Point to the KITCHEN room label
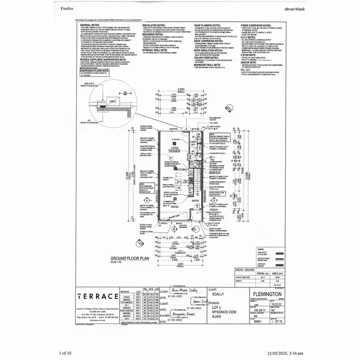pyautogui.click(x=181, y=169)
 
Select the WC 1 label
pyautogui.click(x=212, y=157)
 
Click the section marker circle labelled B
pyautogui.click(x=173, y=229)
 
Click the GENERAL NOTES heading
pyautogui.click(x=89, y=24)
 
